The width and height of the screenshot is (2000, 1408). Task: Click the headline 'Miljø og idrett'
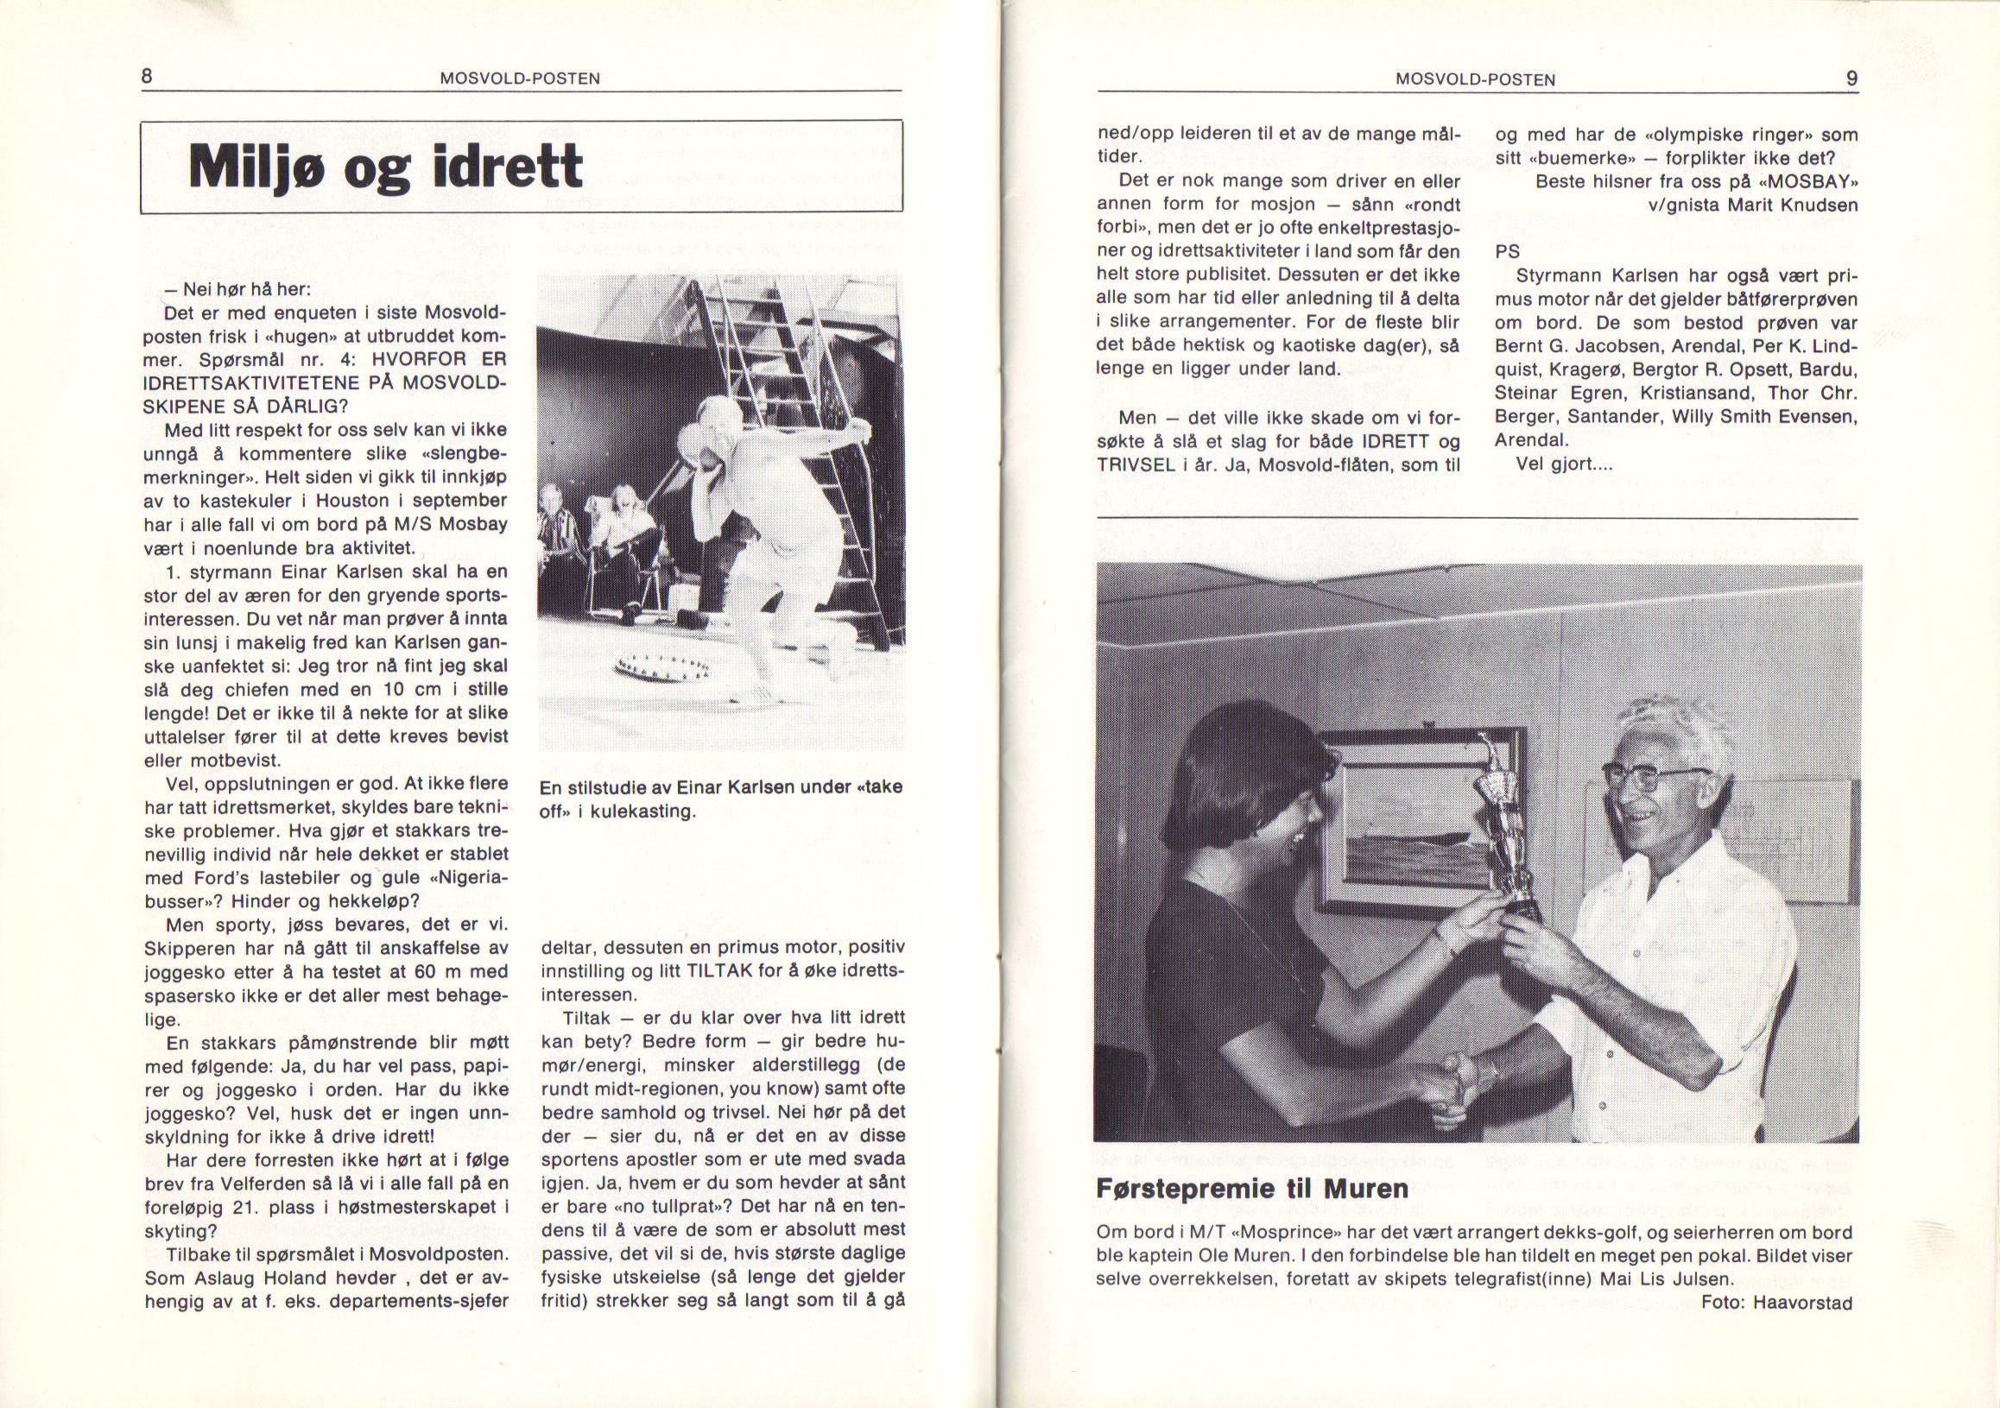pos(385,167)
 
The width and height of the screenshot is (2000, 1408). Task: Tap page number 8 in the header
pos(148,77)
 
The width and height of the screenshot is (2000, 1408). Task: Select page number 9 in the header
pos(1851,79)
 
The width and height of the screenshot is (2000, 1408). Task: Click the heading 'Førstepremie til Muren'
pos(1252,1189)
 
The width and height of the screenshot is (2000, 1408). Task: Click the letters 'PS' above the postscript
pos(1508,252)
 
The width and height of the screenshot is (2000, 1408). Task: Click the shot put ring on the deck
pos(664,670)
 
